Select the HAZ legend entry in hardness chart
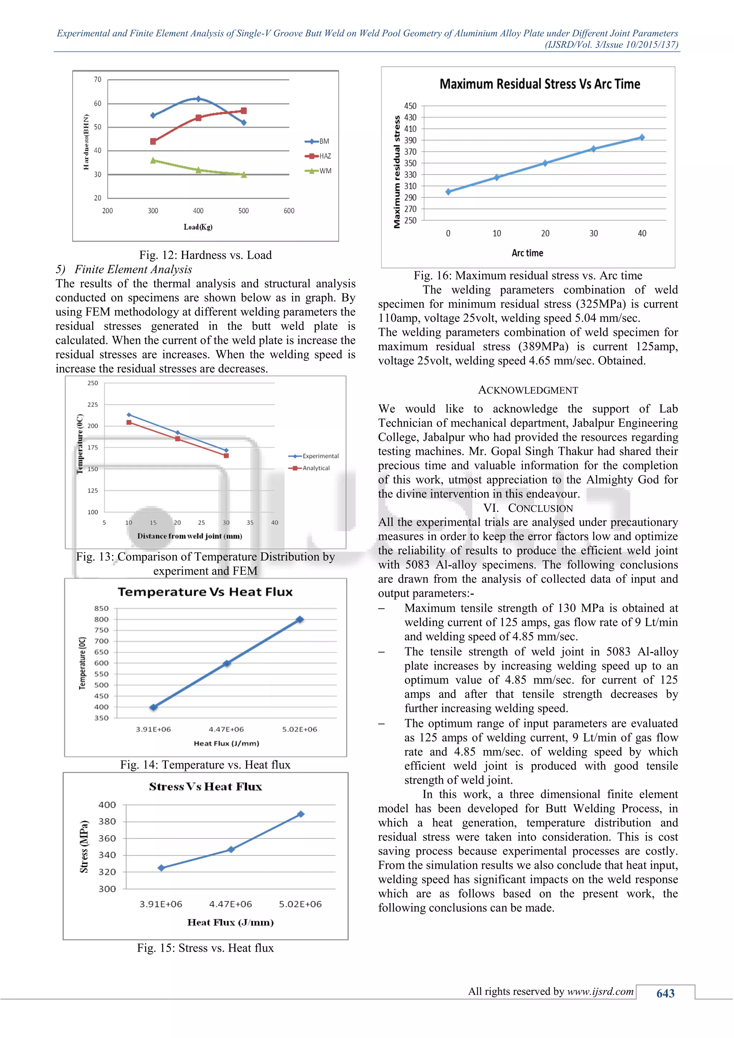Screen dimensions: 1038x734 (319, 156)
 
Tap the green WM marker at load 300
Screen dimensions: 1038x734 (153, 161)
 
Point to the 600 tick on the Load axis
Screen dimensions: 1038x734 (289, 211)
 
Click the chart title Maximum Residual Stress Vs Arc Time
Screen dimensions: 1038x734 (540, 84)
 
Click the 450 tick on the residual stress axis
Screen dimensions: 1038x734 (410, 106)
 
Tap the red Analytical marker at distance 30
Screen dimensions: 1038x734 (227, 456)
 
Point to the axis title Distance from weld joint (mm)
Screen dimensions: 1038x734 (190, 536)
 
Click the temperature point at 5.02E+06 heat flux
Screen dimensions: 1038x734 (300, 619)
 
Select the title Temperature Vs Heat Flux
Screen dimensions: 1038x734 (205, 592)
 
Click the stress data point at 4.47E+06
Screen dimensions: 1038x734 (231, 849)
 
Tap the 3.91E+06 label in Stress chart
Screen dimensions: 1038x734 (161, 904)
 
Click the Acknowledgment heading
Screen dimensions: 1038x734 (528, 390)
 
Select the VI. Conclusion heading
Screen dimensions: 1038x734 (528, 508)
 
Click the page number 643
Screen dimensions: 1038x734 (665, 993)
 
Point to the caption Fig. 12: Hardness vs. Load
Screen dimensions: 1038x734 (205, 255)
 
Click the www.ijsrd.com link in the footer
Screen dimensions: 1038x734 (600, 991)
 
